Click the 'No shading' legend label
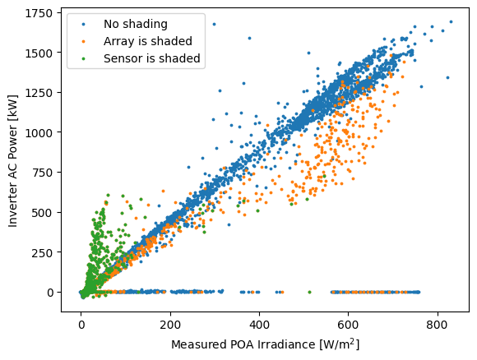(x=136, y=24)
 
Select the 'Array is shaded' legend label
(x=148, y=41)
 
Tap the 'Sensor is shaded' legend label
(x=152, y=58)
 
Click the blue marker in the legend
(x=83, y=25)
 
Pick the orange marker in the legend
(x=83, y=41)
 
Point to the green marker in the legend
(x=83, y=58)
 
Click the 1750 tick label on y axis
(x=39, y=13)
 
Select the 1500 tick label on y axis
(x=39, y=53)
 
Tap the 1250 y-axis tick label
(x=39, y=93)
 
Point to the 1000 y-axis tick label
(x=39, y=133)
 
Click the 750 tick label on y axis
(x=42, y=173)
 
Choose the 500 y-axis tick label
(x=42, y=213)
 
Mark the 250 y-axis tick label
(x=42, y=252)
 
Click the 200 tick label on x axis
(x=170, y=325)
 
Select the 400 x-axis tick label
(x=259, y=325)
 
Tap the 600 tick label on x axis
(x=349, y=325)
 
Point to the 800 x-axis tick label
(x=438, y=325)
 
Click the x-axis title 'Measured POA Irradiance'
(x=243, y=345)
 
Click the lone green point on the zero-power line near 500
(x=310, y=293)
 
